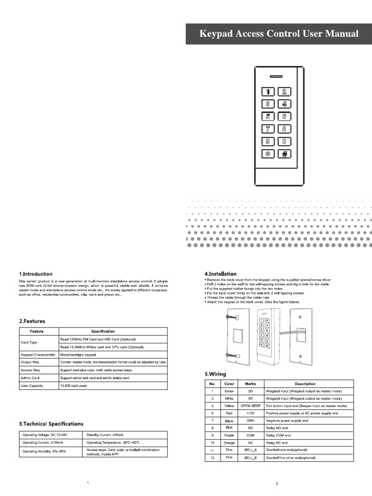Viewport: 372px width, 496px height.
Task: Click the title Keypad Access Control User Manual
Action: coord(279,33)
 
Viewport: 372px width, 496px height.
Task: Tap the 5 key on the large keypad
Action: coord(268,116)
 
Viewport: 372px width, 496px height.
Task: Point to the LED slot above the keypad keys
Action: coord(277,77)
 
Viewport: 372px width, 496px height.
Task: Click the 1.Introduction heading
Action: coord(36,274)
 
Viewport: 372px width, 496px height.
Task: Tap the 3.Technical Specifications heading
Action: coord(51,424)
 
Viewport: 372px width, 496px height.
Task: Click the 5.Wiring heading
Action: coord(216,374)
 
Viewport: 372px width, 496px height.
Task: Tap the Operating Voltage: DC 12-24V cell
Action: coord(44,434)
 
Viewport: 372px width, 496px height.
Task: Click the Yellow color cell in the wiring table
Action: coord(229,405)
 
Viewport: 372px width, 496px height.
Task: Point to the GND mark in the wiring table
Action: coord(250,421)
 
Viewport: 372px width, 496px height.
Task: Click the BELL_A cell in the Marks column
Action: coord(250,450)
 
